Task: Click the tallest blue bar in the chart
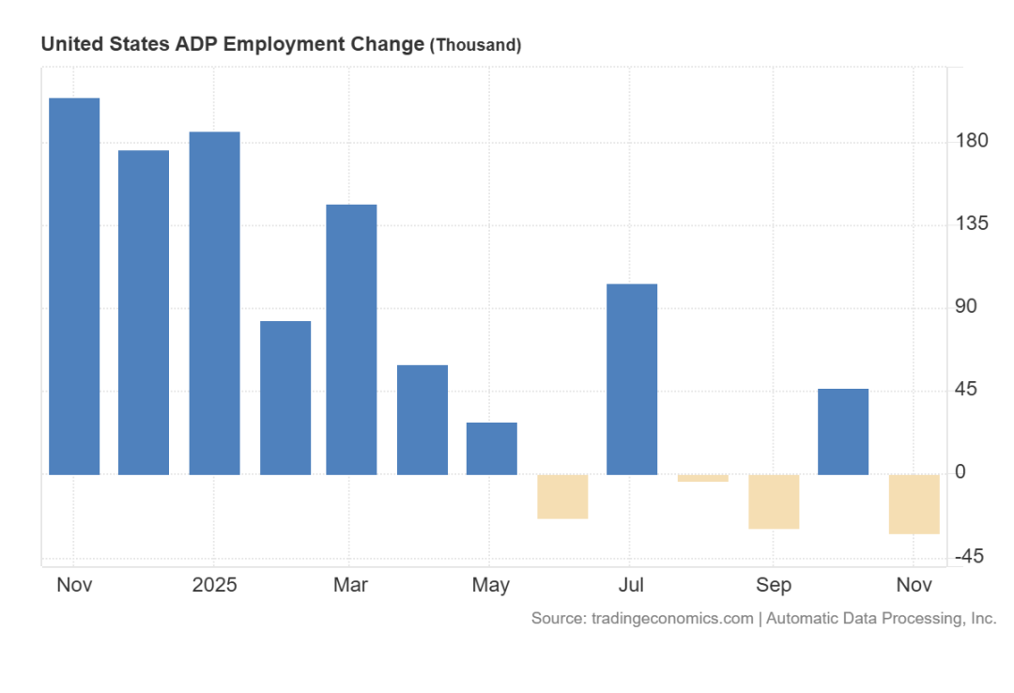[74, 285]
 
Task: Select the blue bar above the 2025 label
[214, 302]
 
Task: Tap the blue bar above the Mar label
[351, 339]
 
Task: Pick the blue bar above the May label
[492, 448]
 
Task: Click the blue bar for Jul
[632, 378]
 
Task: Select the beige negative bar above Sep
[774, 501]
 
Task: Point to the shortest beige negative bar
[703, 478]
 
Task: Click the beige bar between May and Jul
[562, 496]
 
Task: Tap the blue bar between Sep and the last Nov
[843, 431]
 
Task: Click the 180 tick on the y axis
[972, 141]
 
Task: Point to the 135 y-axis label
[972, 223]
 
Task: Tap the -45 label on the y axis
[969, 557]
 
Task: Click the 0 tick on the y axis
[960, 472]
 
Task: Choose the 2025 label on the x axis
[214, 585]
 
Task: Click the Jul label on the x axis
[631, 585]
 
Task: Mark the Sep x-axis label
[774, 585]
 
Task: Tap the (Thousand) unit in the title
[475, 45]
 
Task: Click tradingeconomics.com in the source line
[672, 618]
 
